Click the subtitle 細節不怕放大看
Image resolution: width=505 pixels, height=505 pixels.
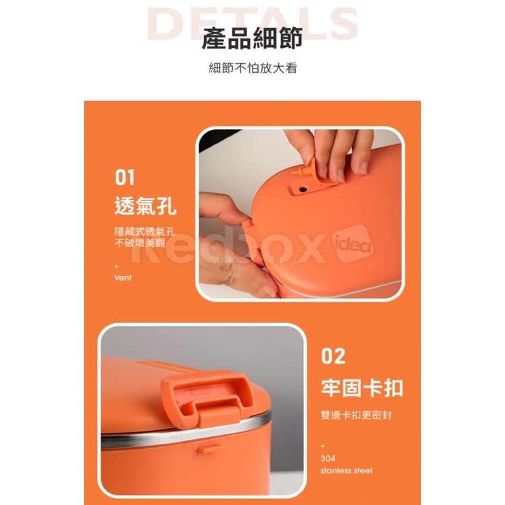(252, 68)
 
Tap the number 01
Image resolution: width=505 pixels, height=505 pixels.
(125, 178)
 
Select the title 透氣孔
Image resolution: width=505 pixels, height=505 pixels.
(145, 205)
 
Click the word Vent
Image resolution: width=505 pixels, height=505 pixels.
(123, 277)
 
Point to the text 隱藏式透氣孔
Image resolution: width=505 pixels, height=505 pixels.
(145, 231)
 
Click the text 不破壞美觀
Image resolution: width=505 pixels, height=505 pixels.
(140, 242)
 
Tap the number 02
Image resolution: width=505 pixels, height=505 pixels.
(333, 356)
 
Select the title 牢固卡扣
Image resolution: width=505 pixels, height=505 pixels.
(362, 387)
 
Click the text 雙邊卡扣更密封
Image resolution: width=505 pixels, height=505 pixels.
(356, 415)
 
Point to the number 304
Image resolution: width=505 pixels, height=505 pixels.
(328, 459)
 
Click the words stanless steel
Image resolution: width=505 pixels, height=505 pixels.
(346, 471)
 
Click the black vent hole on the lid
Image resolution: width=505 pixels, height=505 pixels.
(302, 189)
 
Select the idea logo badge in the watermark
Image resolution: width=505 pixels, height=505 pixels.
(353, 244)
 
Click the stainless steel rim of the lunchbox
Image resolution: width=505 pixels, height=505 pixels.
(186, 431)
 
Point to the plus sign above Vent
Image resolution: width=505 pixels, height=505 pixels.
(116, 267)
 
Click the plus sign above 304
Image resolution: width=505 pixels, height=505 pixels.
(323, 446)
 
